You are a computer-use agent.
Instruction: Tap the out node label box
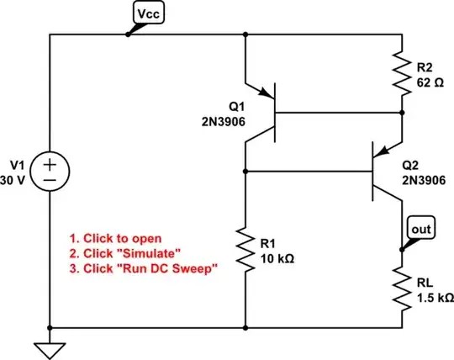pyautogui.click(x=420, y=228)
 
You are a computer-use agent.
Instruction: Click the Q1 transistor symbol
pyautogui.click(x=267, y=113)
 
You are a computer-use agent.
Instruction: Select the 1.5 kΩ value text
pyautogui.click(x=434, y=298)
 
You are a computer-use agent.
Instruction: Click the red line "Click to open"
pyautogui.click(x=126, y=237)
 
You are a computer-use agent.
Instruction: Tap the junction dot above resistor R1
pyautogui.click(x=245, y=172)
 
